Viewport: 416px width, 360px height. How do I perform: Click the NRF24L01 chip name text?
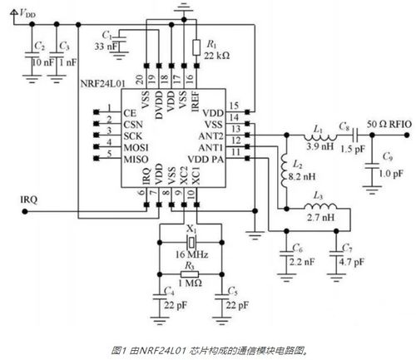coord(102,86)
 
